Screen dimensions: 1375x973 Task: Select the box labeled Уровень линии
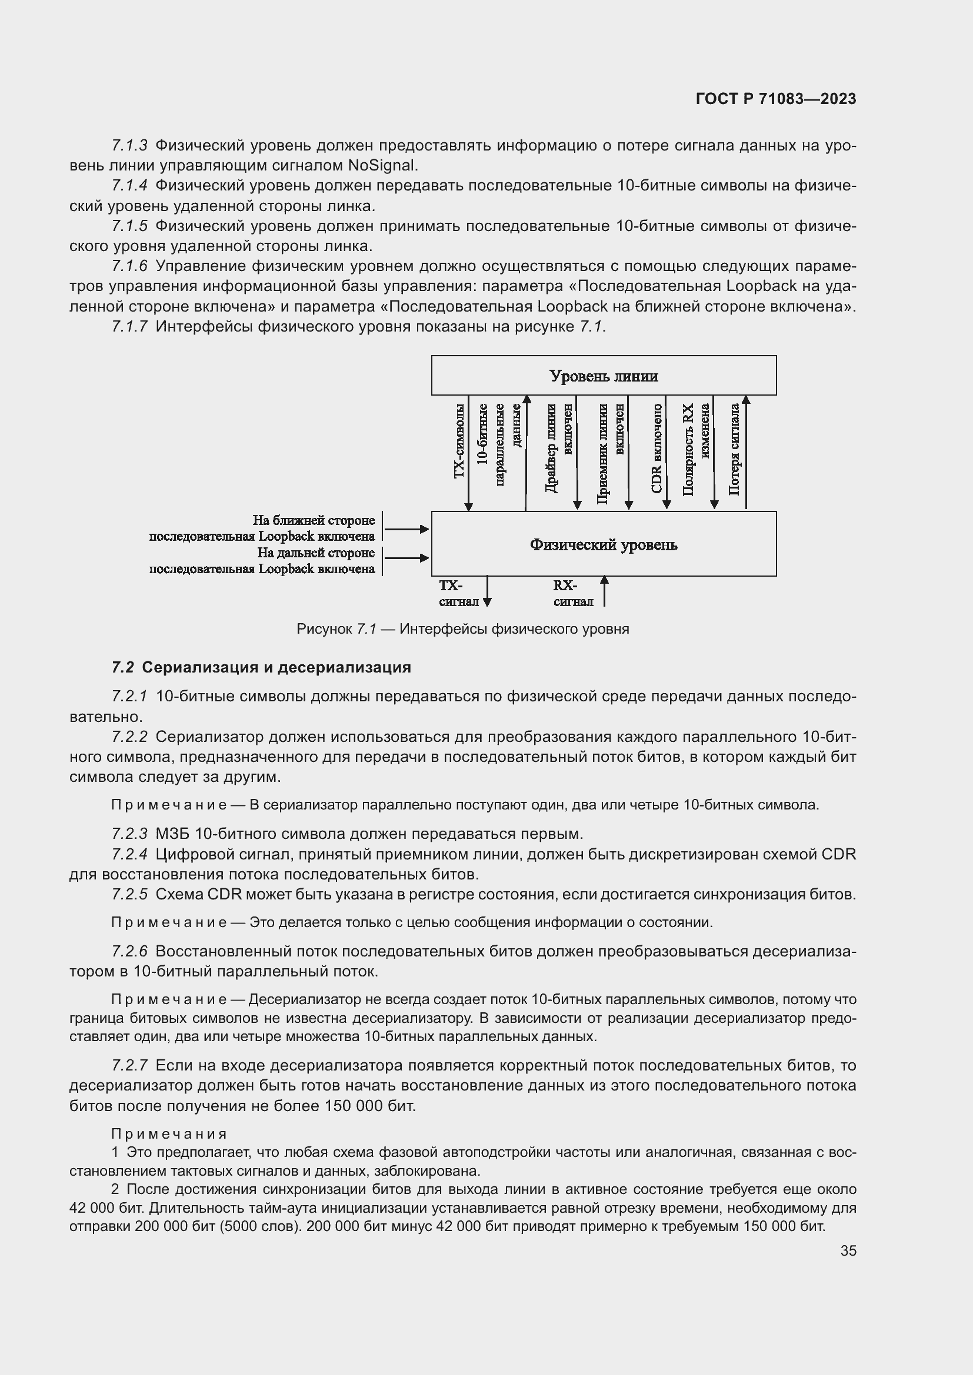[604, 376]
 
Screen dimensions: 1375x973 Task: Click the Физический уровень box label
[604, 544]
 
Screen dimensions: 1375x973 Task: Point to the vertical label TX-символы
[459, 441]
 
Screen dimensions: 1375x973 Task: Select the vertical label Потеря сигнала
[734, 449]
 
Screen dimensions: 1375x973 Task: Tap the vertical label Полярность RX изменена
[696, 449]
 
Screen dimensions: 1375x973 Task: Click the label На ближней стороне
[314, 520]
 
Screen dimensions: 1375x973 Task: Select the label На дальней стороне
[316, 552]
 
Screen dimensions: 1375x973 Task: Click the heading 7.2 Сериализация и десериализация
[261, 667]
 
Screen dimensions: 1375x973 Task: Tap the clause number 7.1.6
[129, 266]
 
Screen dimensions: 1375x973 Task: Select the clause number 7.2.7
[129, 1065]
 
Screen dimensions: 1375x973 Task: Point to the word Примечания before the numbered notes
[169, 1133]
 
